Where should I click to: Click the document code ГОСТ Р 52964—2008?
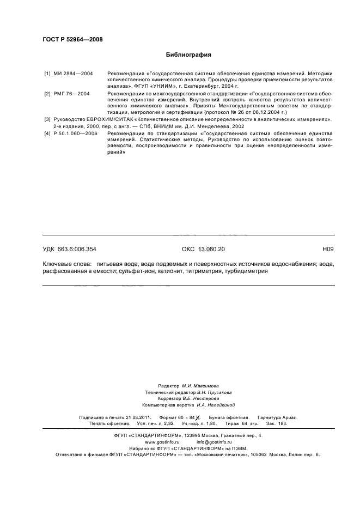click(72, 40)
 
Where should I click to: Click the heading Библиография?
click(188, 55)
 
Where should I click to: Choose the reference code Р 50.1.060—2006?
click(77, 133)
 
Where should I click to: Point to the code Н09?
click(328, 249)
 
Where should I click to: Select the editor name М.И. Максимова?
click(202, 385)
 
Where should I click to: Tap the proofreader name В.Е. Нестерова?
click(203, 398)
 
